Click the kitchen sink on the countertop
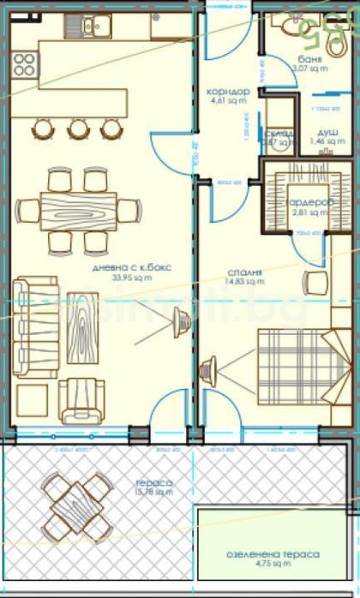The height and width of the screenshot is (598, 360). (x=90, y=27)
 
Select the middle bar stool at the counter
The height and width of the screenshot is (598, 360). (x=78, y=129)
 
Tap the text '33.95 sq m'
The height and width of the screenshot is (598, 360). (x=132, y=278)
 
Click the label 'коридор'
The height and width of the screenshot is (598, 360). (x=228, y=92)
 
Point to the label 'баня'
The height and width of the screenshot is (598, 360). (x=310, y=58)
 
